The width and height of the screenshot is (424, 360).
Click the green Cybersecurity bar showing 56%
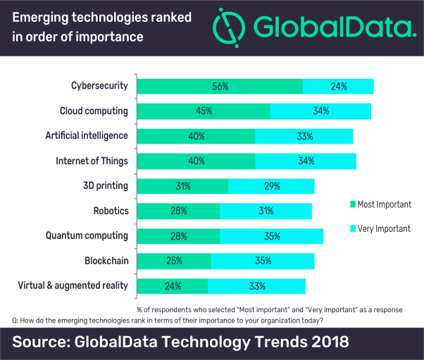click(x=220, y=86)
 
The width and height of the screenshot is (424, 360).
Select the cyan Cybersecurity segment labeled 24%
click(x=338, y=86)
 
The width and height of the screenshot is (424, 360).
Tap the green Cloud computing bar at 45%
click(x=203, y=111)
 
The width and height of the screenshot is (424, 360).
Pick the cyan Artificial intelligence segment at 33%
click(x=304, y=136)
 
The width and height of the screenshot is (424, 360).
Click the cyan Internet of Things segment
click(x=306, y=161)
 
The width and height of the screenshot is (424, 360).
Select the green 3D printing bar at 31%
click(x=182, y=186)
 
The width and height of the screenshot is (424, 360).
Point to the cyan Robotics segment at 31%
click(x=266, y=211)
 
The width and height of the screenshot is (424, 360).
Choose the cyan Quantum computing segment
click(x=271, y=236)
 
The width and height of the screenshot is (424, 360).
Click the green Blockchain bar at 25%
click(x=174, y=261)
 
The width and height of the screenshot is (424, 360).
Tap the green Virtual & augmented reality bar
click(x=173, y=286)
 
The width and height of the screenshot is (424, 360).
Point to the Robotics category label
click(x=111, y=211)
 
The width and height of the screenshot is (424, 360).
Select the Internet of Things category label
click(x=92, y=161)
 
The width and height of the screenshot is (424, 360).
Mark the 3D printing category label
click(x=106, y=186)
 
